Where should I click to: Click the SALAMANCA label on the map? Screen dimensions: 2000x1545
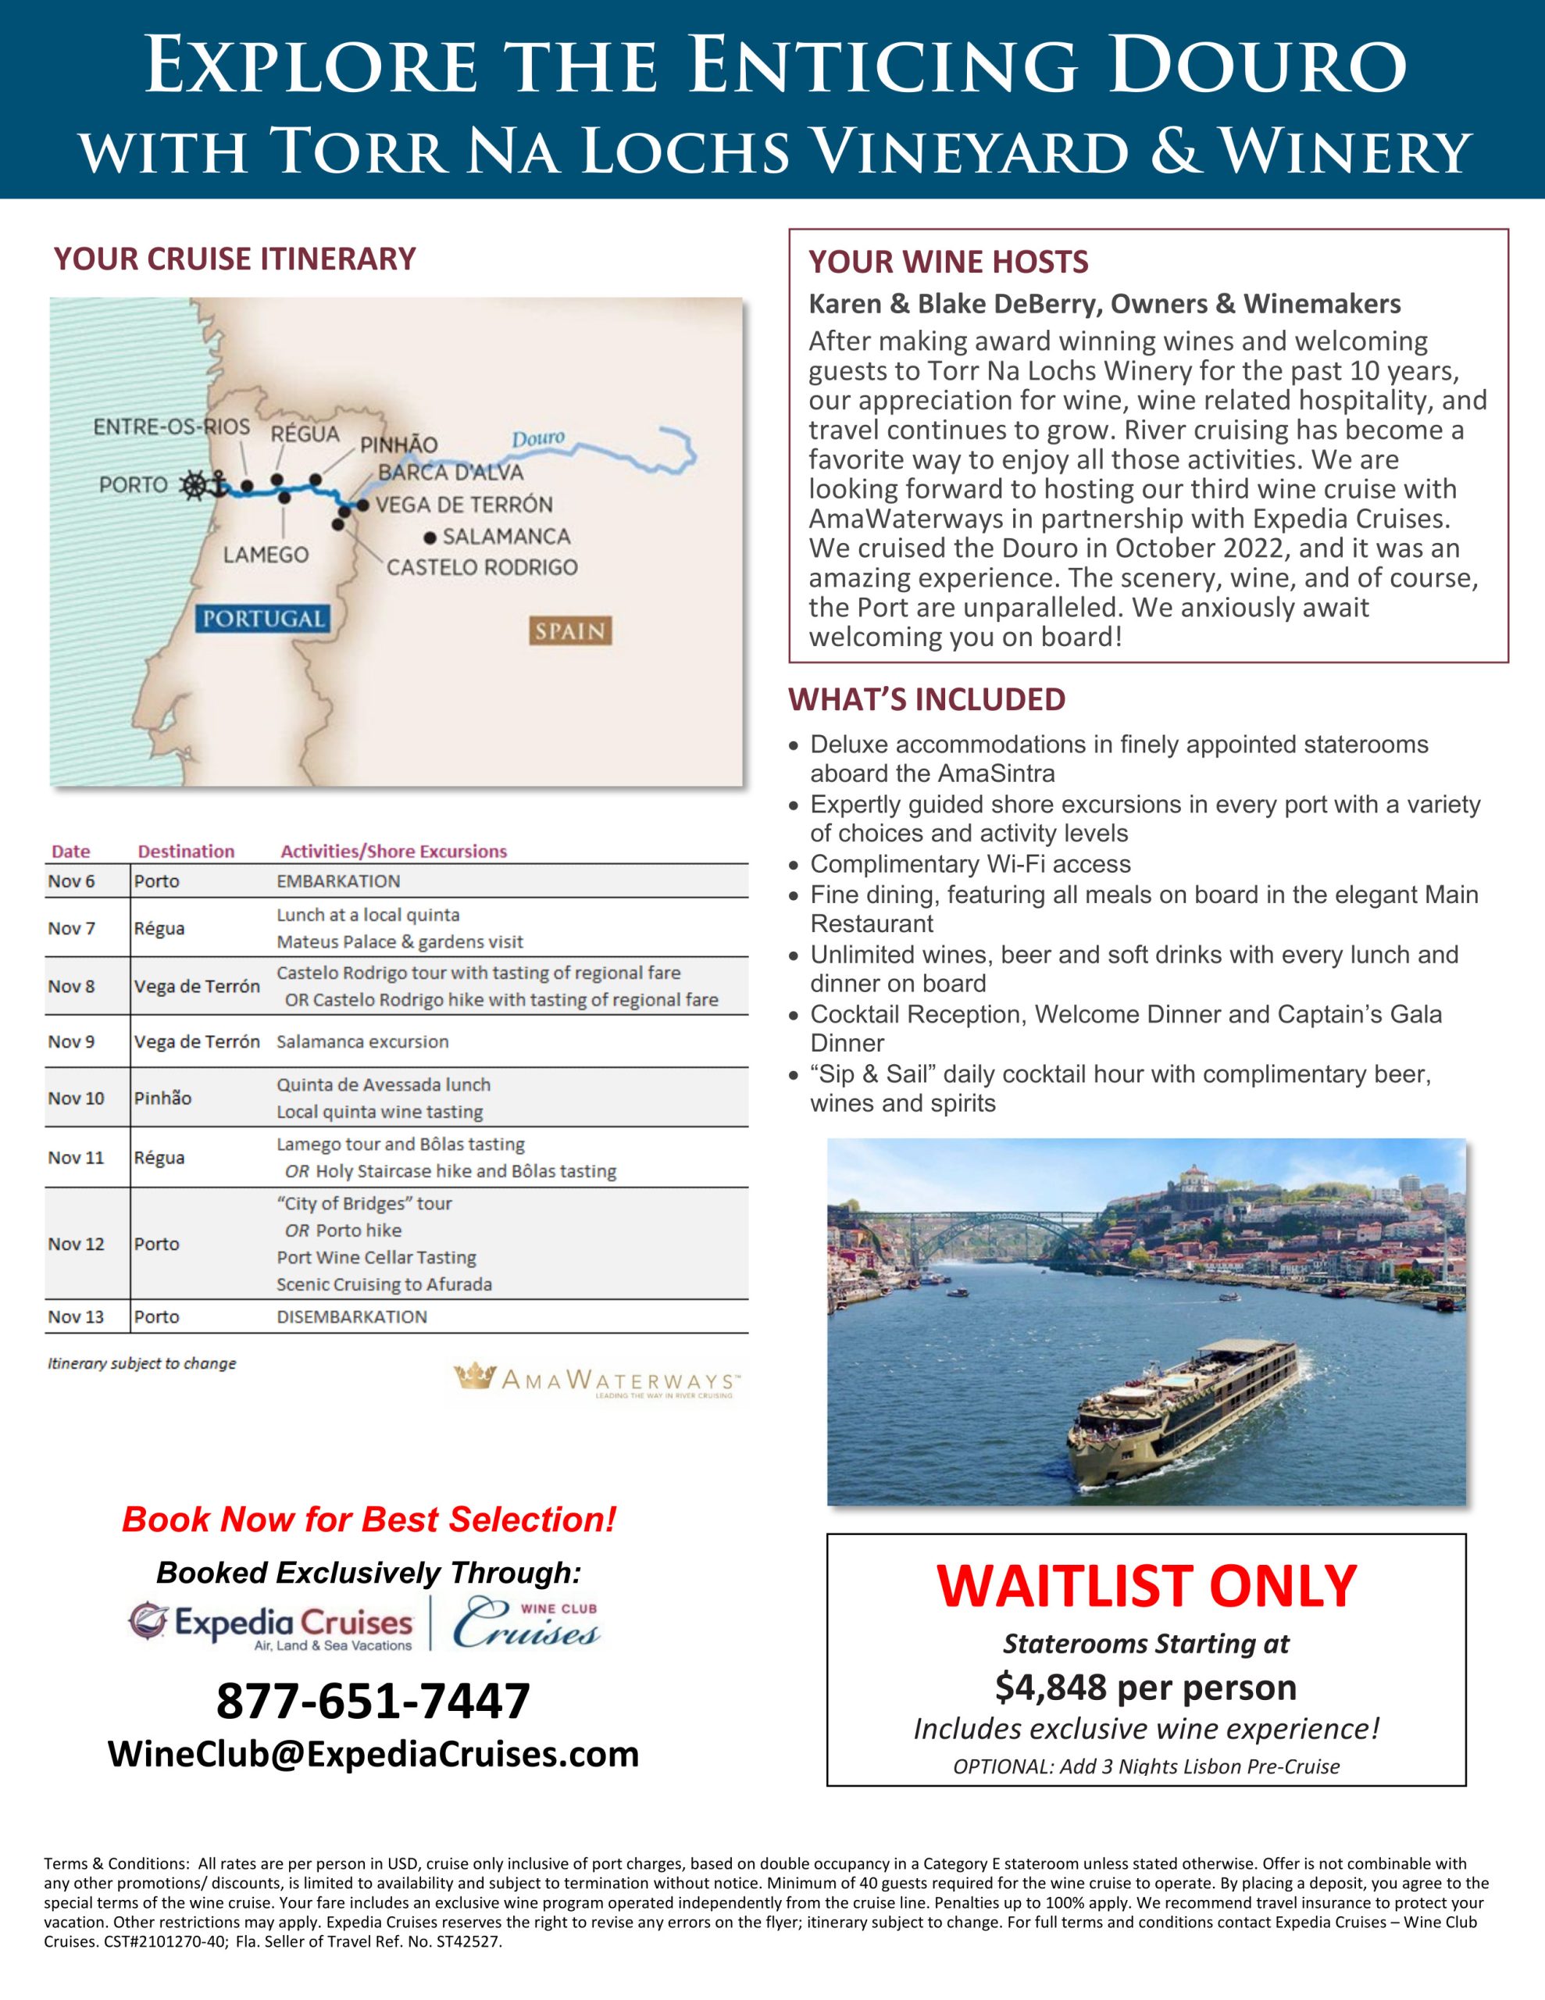point(505,536)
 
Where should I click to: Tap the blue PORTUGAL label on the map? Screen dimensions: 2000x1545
point(263,618)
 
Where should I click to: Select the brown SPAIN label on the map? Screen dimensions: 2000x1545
point(569,631)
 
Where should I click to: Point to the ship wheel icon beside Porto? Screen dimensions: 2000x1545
point(194,484)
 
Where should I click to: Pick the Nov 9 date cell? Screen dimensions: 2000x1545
point(71,1041)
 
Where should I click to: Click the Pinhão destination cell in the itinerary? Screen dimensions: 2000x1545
point(162,1098)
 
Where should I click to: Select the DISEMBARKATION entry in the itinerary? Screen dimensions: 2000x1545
point(351,1317)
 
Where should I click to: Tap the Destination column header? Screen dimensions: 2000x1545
point(186,851)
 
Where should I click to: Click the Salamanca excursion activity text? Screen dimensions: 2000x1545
point(362,1041)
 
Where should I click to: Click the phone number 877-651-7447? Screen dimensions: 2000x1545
point(373,1701)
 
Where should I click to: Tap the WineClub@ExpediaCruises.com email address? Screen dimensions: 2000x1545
point(373,1754)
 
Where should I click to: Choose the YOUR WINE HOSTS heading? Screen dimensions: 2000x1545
point(948,262)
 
